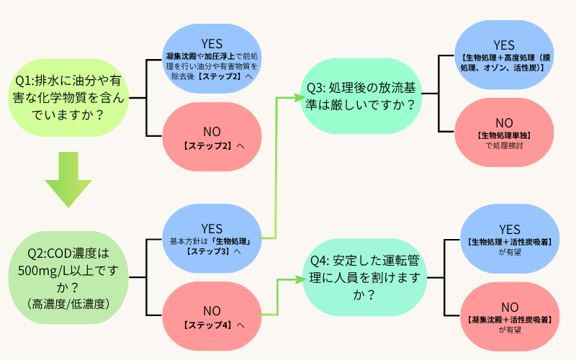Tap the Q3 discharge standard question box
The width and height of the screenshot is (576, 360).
point(360,96)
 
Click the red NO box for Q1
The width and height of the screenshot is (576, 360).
point(212,137)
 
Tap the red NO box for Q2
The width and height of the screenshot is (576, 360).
point(212,316)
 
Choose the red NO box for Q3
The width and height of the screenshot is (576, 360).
point(503,130)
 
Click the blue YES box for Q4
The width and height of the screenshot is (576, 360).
point(503,237)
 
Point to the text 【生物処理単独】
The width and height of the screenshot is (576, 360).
point(503,135)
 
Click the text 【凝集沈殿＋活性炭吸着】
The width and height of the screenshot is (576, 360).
point(503,319)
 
